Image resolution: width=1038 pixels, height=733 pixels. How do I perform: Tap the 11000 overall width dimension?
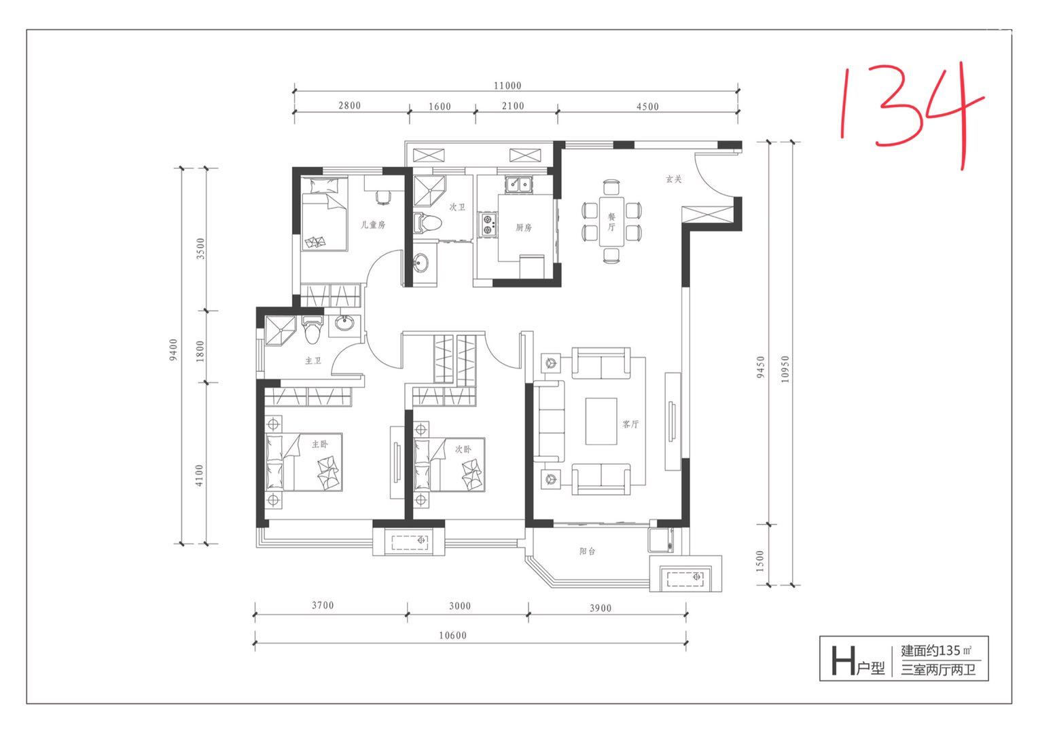pyautogui.click(x=507, y=86)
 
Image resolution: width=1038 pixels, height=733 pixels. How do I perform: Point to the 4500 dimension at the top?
pyautogui.click(x=647, y=107)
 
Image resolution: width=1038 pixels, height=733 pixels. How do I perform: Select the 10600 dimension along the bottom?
pyautogui.click(x=452, y=635)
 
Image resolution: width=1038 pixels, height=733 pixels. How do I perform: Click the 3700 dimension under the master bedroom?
pyautogui.click(x=323, y=605)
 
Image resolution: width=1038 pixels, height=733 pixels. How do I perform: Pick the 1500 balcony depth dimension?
pyautogui.click(x=760, y=561)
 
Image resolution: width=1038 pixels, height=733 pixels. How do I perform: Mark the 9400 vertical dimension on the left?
pyautogui.click(x=173, y=350)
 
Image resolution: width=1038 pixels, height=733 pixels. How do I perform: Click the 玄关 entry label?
pyautogui.click(x=674, y=178)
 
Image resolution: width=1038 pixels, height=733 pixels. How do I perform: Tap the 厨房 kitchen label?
pyautogui.click(x=524, y=227)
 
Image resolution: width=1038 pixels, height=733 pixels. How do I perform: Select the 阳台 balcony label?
pyautogui.click(x=587, y=551)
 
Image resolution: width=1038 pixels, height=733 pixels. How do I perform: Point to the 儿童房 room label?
pyautogui.click(x=373, y=225)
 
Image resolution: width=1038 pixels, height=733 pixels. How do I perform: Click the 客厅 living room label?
pyautogui.click(x=630, y=424)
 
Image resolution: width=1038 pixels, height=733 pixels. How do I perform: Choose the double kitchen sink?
pyautogui.click(x=520, y=185)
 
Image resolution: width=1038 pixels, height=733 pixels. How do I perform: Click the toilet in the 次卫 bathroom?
pyautogui.click(x=427, y=224)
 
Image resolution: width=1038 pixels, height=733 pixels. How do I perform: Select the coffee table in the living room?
pyautogui.click(x=601, y=421)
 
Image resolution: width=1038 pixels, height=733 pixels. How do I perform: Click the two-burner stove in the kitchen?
pyautogui.click(x=488, y=225)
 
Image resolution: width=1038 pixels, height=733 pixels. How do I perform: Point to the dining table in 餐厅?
pyautogui.click(x=611, y=221)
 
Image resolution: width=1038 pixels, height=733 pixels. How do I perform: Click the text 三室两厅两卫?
pyautogui.click(x=938, y=670)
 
